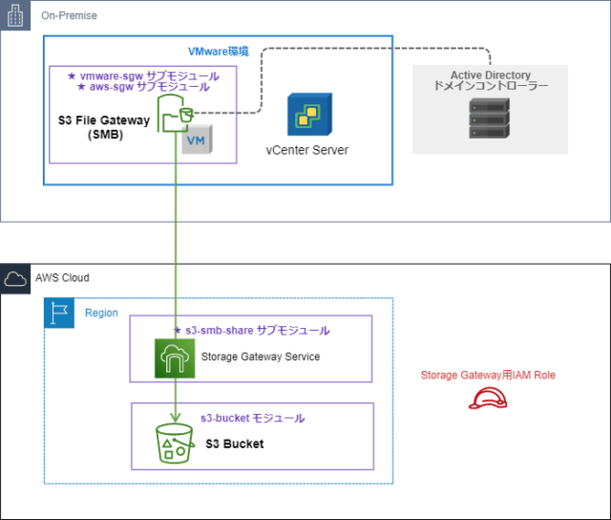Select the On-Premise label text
pos(69,16)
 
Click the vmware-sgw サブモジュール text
pos(143,76)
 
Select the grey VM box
pos(196,141)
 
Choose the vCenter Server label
pos(306,150)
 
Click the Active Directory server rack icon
pos(489,116)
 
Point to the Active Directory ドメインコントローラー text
pos(490,80)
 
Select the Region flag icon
pos(59,313)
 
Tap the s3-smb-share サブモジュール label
pos(251,331)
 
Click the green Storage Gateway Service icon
pos(175,357)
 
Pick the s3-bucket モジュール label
pos(252,419)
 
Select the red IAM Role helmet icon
pos(487,397)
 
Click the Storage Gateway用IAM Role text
pos(488,375)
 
